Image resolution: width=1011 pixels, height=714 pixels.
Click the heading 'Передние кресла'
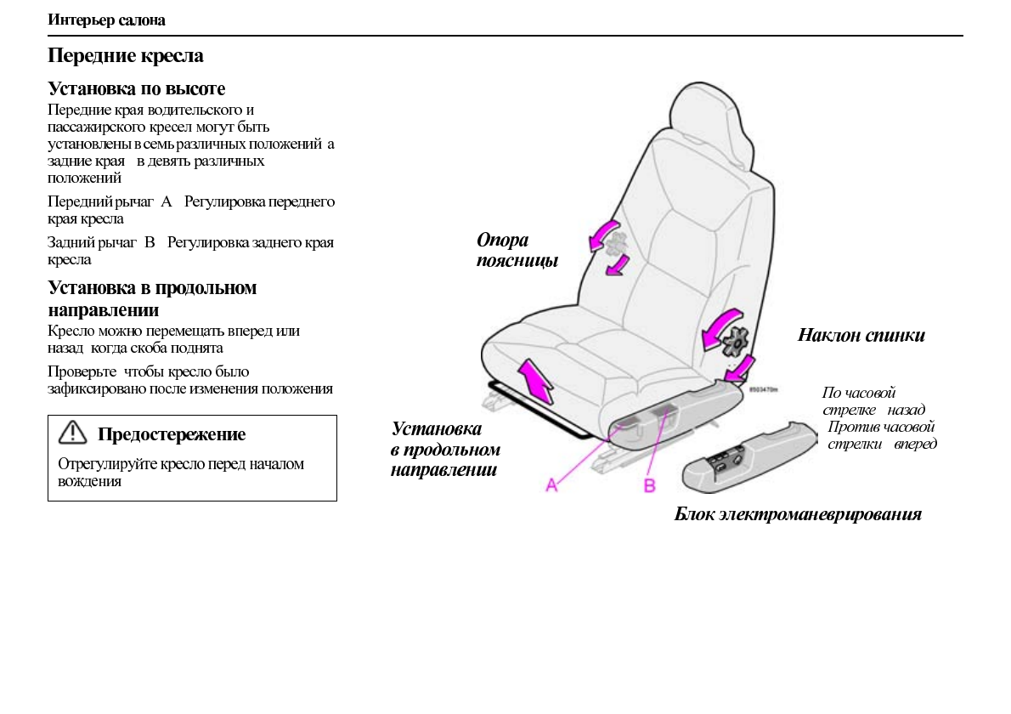(126, 57)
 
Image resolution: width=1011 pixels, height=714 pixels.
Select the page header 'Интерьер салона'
(106, 20)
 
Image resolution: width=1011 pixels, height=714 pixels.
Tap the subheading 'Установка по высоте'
(136, 88)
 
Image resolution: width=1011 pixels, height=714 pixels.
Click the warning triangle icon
(72, 433)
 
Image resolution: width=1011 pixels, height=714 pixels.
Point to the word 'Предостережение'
(172, 434)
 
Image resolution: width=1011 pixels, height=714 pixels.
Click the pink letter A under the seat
(551, 484)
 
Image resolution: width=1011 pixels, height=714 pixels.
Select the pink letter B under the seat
(649, 485)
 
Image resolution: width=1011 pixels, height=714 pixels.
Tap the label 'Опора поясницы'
(517, 251)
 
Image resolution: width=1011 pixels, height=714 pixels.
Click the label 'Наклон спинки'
(861, 335)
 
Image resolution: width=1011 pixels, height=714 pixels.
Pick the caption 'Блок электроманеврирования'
(797, 514)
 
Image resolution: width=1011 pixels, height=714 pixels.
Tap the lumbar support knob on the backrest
(616, 244)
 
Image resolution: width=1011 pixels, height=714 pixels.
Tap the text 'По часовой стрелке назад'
(872, 401)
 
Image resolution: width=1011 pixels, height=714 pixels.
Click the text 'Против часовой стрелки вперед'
(881, 435)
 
